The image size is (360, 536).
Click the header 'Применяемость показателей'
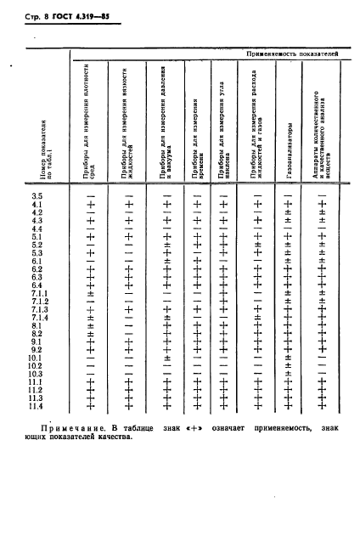click(291, 53)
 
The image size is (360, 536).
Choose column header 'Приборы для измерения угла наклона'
click(223, 132)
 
